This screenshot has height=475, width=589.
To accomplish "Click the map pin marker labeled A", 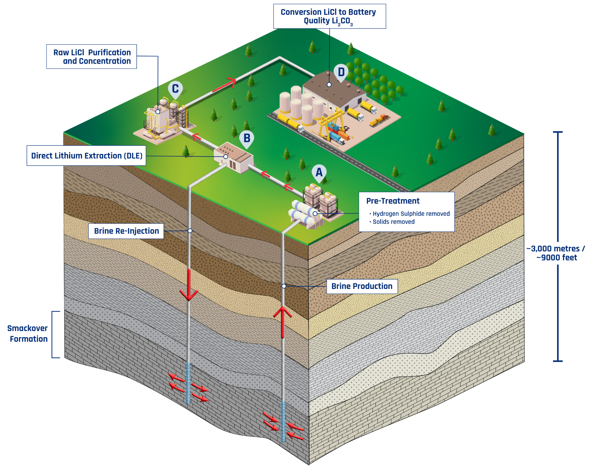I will point(319,173).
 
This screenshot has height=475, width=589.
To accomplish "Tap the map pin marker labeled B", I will point(247,139).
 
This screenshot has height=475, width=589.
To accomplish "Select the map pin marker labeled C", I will point(175,89).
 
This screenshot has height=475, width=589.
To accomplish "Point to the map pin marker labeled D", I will point(341,72).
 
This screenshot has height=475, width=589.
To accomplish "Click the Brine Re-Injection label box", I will point(126,231).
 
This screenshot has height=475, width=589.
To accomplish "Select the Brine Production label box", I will point(362,286).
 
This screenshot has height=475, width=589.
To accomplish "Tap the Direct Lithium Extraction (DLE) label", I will point(87,156).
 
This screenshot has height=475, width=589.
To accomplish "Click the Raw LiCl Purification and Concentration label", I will point(92,57).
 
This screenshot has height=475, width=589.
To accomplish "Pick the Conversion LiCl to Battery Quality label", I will point(329,16).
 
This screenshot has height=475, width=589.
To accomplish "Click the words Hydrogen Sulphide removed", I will point(411,214).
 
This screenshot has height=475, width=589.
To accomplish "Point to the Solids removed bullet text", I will point(393,222).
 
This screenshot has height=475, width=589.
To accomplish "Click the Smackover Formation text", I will point(28,333).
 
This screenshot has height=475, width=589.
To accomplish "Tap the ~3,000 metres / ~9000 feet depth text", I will point(556,253).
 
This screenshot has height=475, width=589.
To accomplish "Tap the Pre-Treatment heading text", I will point(393,201).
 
